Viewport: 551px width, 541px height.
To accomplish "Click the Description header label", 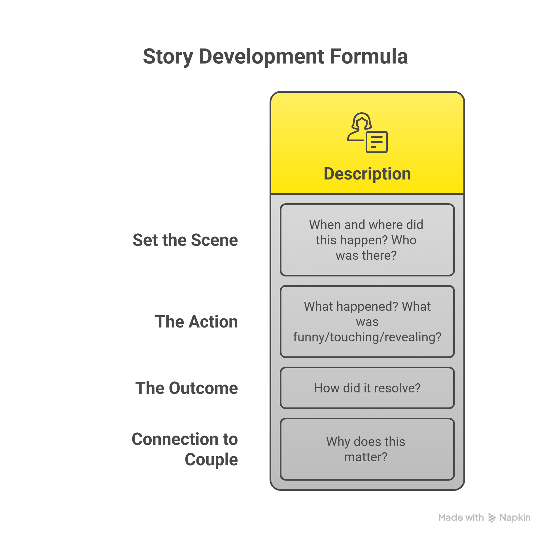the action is click(367, 174).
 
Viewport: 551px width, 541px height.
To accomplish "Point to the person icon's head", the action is click(362, 121).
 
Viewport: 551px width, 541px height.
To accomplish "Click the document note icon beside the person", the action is click(377, 142).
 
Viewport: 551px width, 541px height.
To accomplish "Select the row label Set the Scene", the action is click(185, 240).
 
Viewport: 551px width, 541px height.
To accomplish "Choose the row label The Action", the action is click(196, 322).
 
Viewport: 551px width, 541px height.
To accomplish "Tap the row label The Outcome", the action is click(187, 388).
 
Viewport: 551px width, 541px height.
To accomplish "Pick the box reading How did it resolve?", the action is click(367, 388).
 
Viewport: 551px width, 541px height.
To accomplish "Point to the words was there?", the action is click(366, 255).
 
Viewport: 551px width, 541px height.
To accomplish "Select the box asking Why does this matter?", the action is click(367, 449).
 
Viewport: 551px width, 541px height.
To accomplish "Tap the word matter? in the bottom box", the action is click(366, 457).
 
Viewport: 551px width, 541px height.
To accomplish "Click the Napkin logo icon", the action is click(492, 518).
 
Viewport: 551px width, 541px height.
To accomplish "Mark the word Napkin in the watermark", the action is click(515, 518).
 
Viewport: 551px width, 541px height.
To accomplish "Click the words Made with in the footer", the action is click(461, 517).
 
